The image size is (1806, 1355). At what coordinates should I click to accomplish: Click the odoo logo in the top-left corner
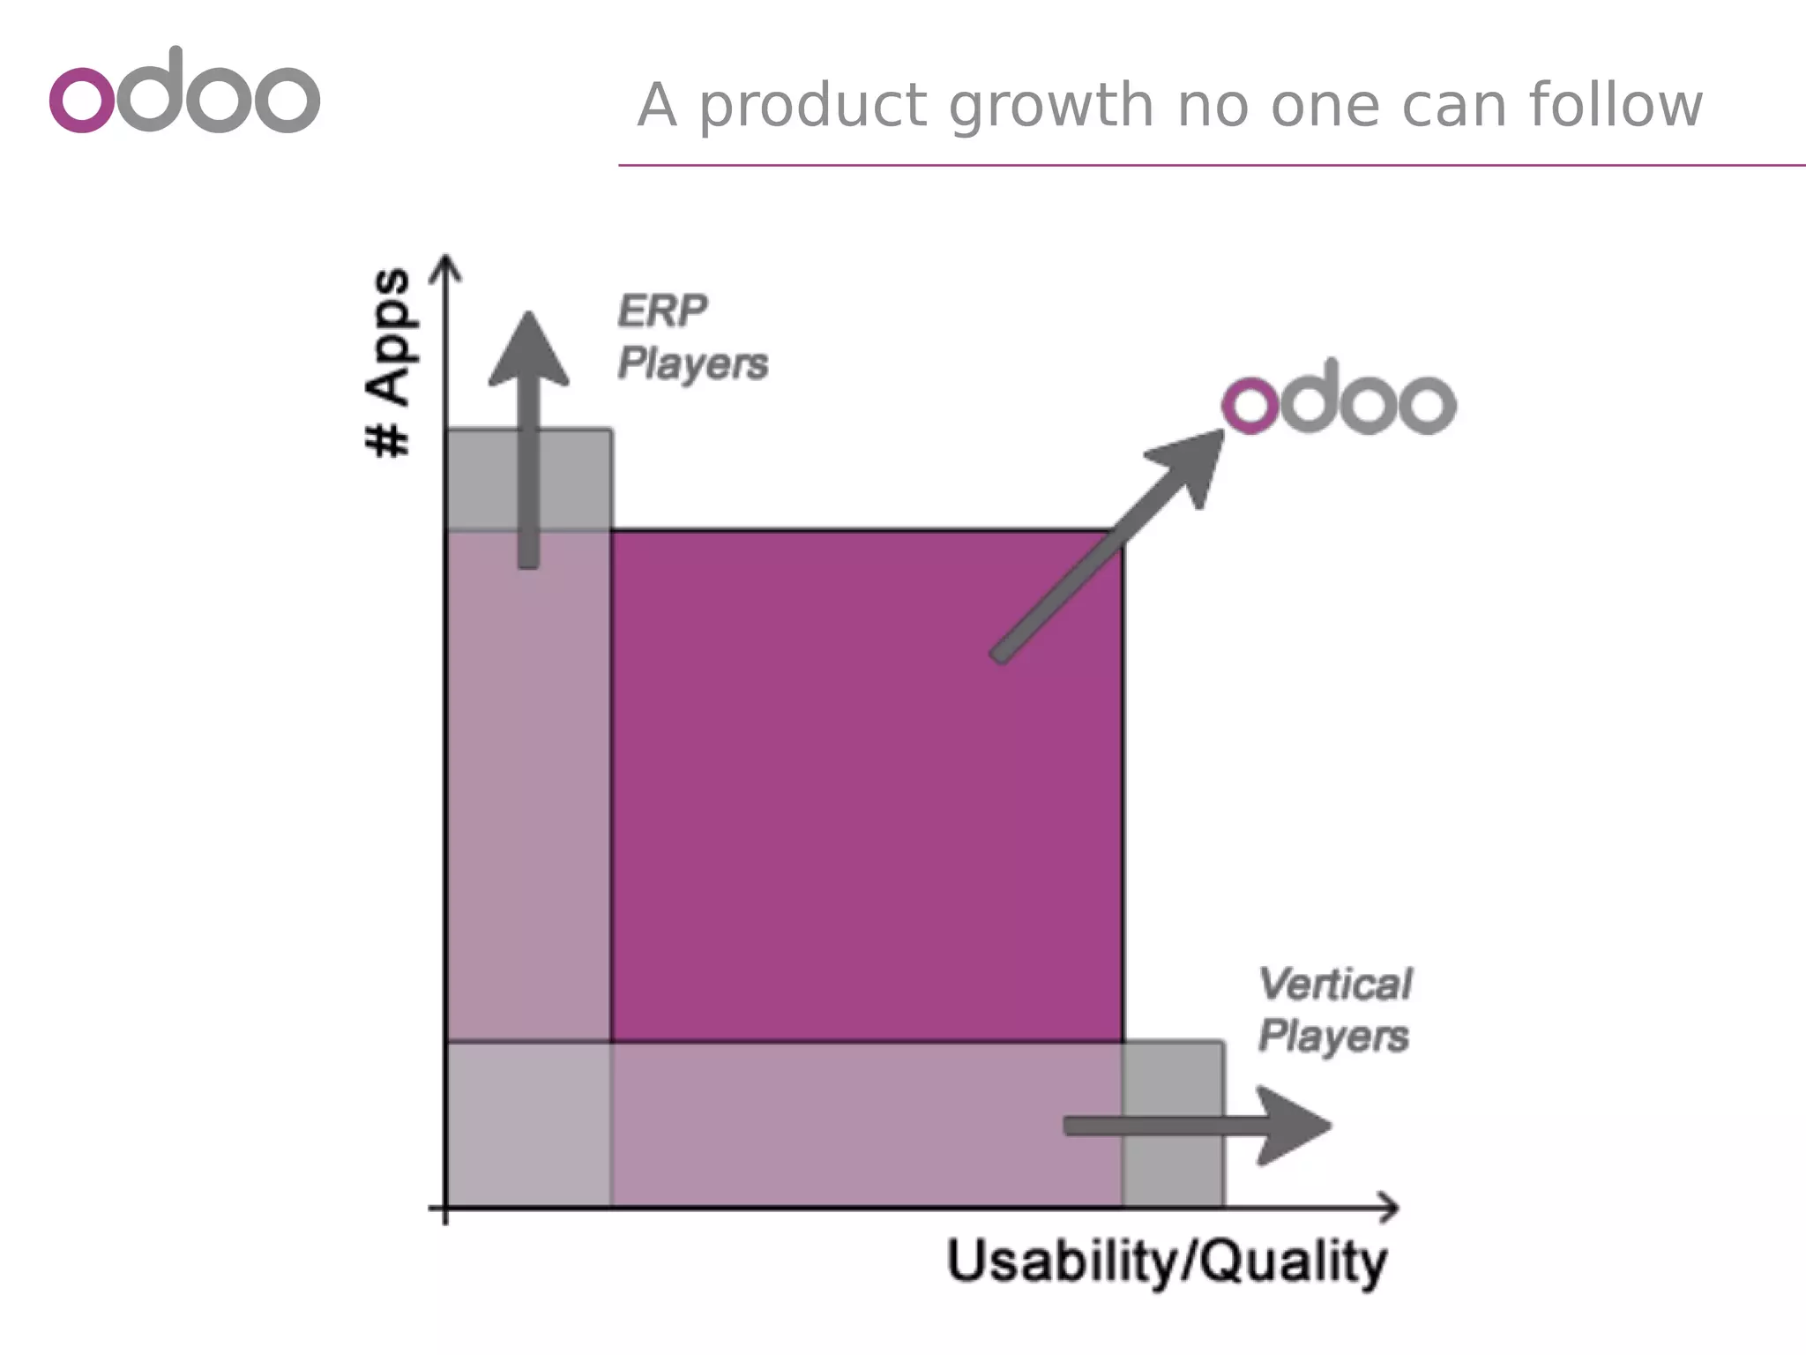tap(185, 92)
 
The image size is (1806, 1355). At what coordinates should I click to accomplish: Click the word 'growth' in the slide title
tap(1051, 106)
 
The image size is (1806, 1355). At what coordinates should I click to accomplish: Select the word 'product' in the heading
tap(814, 106)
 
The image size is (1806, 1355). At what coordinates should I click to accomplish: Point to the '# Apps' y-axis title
tap(389, 363)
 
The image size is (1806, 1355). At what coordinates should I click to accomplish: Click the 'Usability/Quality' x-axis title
tap(1167, 1262)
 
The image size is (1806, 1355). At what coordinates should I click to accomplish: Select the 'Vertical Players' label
tap(1334, 1010)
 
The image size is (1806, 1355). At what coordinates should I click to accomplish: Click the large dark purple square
tap(866, 785)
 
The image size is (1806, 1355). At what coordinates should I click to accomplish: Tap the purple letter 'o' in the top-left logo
tap(81, 99)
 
